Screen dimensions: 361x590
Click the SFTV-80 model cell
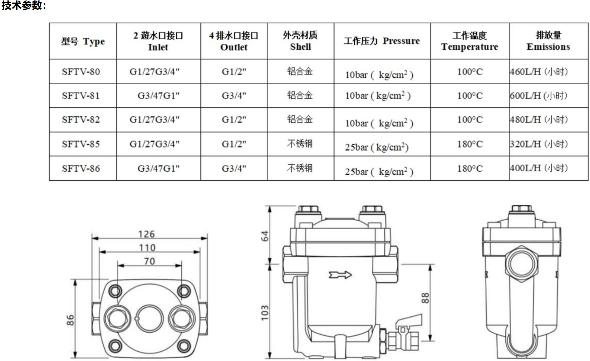(x=81, y=72)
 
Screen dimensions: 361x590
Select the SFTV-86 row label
(x=81, y=168)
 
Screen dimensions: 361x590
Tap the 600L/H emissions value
(x=538, y=95)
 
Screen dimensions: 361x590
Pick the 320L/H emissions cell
(x=538, y=144)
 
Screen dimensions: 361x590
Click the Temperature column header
(x=470, y=41)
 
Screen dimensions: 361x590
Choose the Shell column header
(x=300, y=41)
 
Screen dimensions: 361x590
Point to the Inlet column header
(x=158, y=41)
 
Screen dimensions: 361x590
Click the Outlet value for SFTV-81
(x=234, y=95)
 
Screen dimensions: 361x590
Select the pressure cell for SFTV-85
(x=376, y=147)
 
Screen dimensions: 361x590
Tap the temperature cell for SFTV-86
(x=470, y=168)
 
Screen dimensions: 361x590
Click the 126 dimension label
(x=146, y=234)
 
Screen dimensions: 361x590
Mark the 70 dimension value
(x=150, y=261)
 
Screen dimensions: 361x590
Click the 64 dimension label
(x=265, y=236)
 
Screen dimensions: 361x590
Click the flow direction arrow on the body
(x=340, y=275)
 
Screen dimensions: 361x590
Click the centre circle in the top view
(x=150, y=318)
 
